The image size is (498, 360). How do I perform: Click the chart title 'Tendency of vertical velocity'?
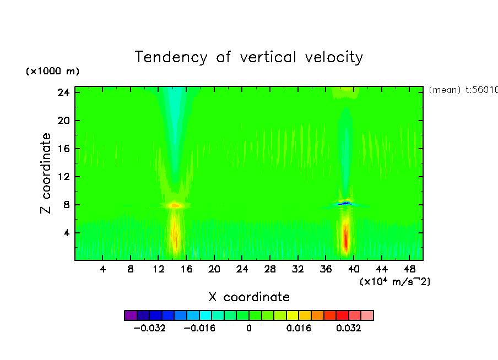click(x=249, y=57)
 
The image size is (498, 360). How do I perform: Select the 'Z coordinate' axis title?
click(x=46, y=173)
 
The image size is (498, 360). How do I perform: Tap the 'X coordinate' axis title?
click(x=249, y=297)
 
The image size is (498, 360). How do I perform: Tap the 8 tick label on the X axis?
click(x=131, y=269)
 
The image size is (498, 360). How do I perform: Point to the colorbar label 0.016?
click(x=299, y=328)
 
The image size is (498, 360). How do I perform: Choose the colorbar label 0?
click(x=249, y=328)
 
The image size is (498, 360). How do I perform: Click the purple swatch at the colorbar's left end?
click(x=131, y=315)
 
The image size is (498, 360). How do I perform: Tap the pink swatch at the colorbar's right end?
click(x=367, y=315)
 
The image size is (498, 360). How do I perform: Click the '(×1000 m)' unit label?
click(x=52, y=72)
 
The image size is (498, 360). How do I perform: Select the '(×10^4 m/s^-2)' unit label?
click(x=395, y=281)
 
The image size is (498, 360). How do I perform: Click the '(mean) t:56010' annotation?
click(x=463, y=90)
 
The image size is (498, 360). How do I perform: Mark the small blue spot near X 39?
click(x=345, y=203)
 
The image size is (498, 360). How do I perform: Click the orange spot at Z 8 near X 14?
click(x=175, y=205)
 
